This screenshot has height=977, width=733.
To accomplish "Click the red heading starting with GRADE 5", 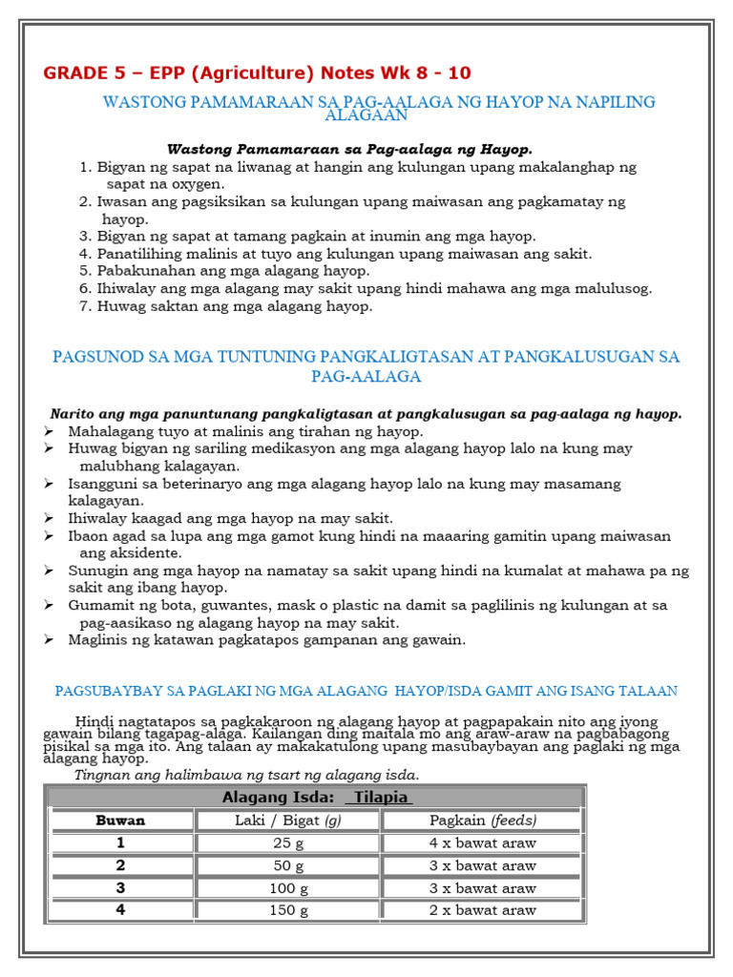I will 257,73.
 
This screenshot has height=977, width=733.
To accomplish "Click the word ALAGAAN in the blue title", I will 366,115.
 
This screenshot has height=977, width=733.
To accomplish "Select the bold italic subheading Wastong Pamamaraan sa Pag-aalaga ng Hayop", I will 349,149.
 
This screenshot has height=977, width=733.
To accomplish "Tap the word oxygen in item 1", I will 195,184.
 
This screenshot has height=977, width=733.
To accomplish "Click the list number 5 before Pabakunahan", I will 84,271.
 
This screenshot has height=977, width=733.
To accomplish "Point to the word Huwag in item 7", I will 119,306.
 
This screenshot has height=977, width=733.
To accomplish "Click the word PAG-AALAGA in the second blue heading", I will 366,377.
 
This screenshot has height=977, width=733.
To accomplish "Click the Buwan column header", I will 121,821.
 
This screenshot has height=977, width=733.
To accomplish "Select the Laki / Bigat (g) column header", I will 287,821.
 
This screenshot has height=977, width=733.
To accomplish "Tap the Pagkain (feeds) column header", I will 482,821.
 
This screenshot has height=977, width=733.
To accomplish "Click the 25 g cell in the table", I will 287,843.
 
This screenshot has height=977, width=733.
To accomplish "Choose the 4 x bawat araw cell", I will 482,843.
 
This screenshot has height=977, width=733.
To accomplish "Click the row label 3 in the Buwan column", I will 121,887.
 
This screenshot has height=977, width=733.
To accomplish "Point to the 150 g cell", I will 287,910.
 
